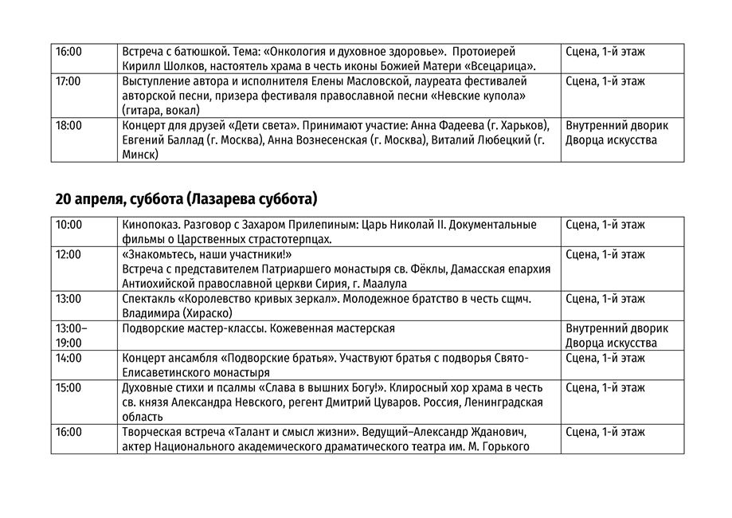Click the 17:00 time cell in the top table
pos(69,81)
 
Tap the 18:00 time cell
pos(69,126)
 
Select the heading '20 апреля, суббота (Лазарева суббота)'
pos(186,198)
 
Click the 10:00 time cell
pos(69,225)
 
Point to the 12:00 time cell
pos(69,255)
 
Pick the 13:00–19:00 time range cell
pos(72,335)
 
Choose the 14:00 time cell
pos(69,358)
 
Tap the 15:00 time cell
pos(69,388)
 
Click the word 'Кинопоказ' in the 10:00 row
pos(149,225)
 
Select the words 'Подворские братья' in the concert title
pos(276,358)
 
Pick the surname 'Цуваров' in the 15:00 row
pos(393,402)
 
